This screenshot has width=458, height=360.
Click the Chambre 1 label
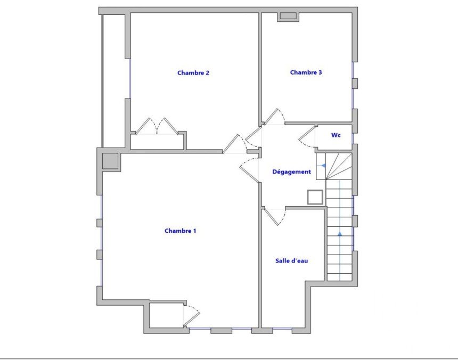pos(180,231)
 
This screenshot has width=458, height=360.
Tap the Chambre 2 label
pos(193,73)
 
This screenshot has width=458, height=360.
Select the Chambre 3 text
pos(306,72)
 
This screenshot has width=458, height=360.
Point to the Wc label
pos(336,135)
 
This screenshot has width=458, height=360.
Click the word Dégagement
pos(291,171)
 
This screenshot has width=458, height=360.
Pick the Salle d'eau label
pos(291,261)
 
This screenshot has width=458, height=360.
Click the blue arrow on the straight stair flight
pos(340,234)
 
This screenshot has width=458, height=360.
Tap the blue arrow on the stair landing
pos(323,166)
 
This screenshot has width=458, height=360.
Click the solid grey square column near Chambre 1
pos(110,161)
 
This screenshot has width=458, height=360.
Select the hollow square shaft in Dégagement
pos(315,197)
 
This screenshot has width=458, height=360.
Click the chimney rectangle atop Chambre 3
pos(288,17)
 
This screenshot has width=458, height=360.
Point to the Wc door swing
pos(307,137)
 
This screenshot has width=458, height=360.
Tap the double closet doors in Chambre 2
pos(157,126)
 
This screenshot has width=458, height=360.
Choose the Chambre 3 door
pos(274,117)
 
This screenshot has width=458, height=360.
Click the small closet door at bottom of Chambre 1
pos(191,316)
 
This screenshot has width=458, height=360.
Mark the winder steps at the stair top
pos(339,166)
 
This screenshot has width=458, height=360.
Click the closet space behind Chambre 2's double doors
pos(157,142)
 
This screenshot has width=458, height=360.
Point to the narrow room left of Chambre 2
pos(114,81)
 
